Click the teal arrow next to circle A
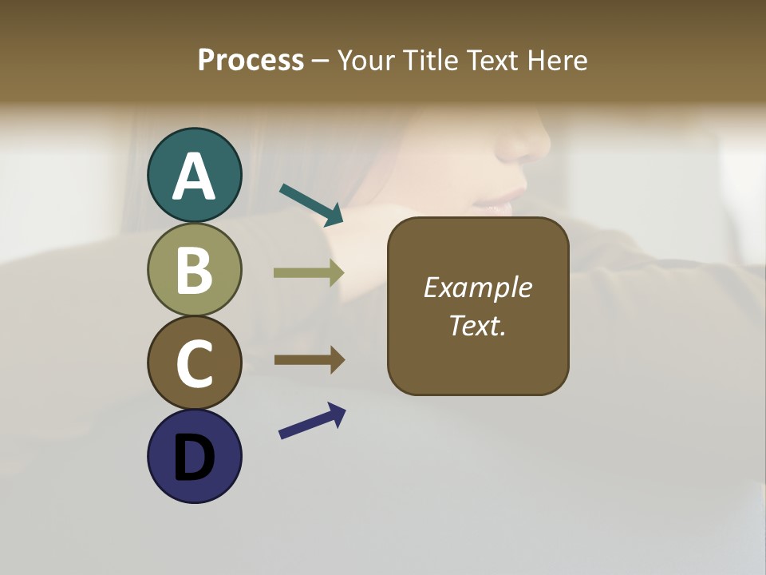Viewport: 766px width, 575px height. click(311, 204)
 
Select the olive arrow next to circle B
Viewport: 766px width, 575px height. click(309, 273)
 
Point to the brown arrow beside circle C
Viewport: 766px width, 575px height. click(310, 359)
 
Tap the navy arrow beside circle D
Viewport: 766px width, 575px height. click(312, 420)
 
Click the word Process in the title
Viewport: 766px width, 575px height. click(251, 61)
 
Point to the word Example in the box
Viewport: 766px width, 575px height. click(477, 287)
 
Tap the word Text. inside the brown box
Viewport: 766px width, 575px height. click(477, 325)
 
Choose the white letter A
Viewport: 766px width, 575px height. click(194, 176)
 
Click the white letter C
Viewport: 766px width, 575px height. click(194, 363)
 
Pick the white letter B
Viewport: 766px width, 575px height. click(194, 270)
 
